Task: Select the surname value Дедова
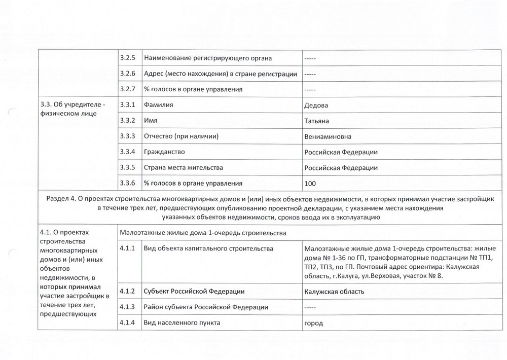click(x=316, y=105)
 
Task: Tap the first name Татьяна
click(x=317, y=121)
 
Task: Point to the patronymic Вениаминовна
click(x=328, y=136)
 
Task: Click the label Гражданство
click(x=164, y=152)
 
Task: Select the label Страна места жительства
click(x=184, y=167)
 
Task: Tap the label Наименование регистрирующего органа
click(x=208, y=58)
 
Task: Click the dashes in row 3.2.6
click(x=310, y=74)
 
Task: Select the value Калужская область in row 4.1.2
click(x=334, y=292)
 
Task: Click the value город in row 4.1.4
click(x=314, y=323)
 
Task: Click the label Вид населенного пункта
click(x=182, y=322)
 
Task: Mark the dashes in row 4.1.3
click(x=310, y=307)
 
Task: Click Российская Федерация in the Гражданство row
click(x=341, y=152)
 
